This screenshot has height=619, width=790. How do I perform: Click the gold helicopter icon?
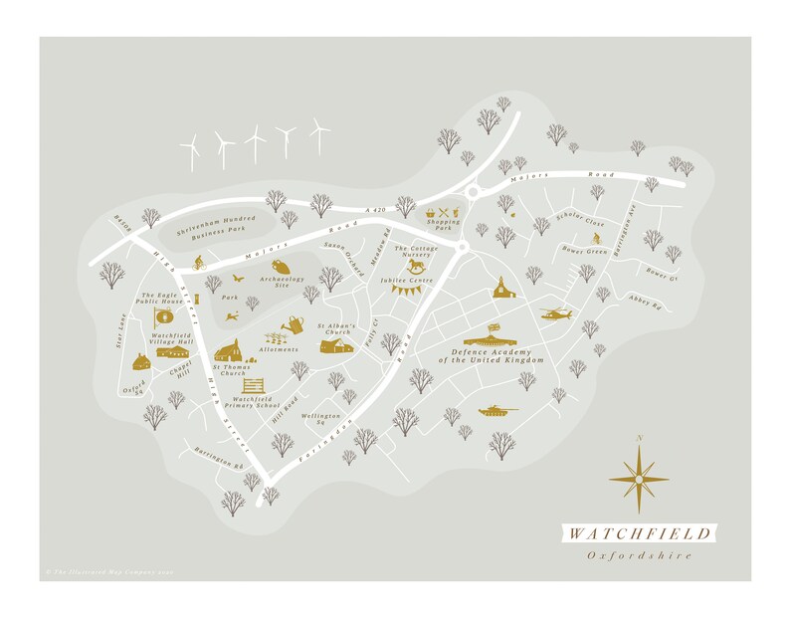tap(555, 314)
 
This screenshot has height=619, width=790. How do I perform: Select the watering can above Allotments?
tap(292, 324)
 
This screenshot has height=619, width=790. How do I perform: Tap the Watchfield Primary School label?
tap(253, 404)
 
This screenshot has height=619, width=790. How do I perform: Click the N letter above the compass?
tap(640, 439)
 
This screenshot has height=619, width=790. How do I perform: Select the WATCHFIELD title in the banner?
tap(639, 532)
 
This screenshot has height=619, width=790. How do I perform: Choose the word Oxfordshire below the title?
tap(639, 555)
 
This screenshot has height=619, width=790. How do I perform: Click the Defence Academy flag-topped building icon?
tap(493, 334)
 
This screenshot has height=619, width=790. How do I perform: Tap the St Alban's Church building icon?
tap(335, 344)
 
